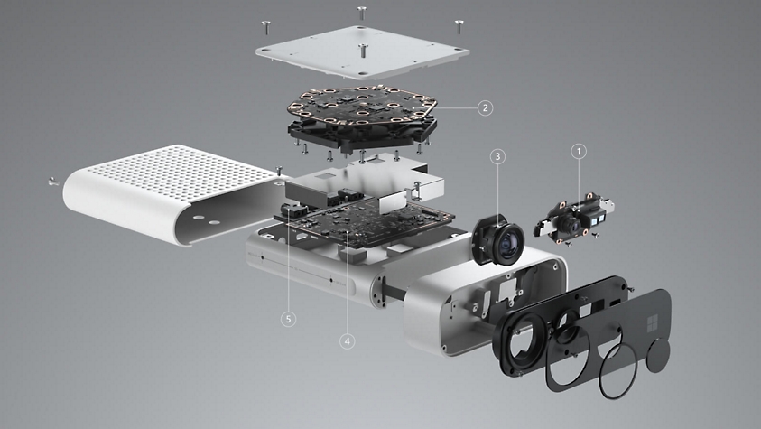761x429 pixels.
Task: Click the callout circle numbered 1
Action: tap(580, 153)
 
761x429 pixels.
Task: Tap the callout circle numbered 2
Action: tap(485, 107)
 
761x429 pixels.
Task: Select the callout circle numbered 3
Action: tap(497, 156)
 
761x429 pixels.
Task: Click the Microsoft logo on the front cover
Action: tap(648, 322)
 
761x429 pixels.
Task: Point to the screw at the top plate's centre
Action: tap(362, 49)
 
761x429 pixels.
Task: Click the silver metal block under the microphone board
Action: tap(361, 185)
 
